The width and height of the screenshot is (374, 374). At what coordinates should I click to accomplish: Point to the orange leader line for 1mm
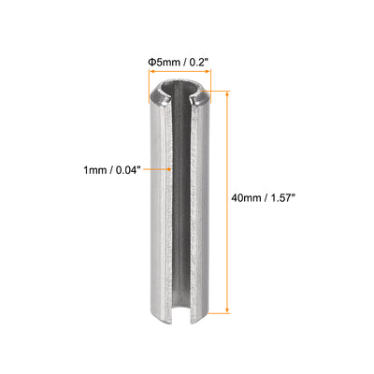pos(155,169)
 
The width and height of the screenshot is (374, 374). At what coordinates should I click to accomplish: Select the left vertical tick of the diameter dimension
pos(146,79)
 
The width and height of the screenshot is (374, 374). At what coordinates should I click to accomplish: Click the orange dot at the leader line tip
pos(169,169)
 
